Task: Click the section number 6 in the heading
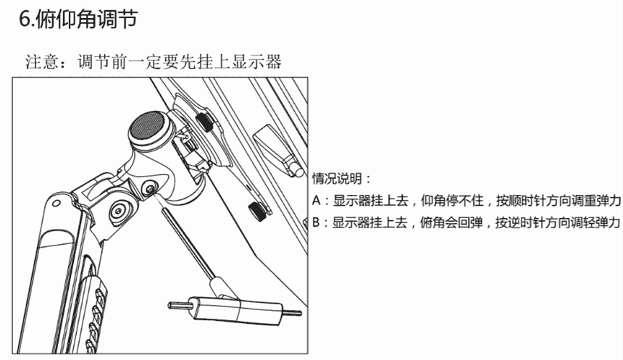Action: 25,19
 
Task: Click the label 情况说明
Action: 337,178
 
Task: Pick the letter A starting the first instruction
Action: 317,200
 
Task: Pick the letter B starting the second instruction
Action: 316,222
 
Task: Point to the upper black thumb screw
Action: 205,122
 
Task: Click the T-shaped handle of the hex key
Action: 235,308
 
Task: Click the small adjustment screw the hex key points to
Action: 150,189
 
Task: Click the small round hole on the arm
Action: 57,204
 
